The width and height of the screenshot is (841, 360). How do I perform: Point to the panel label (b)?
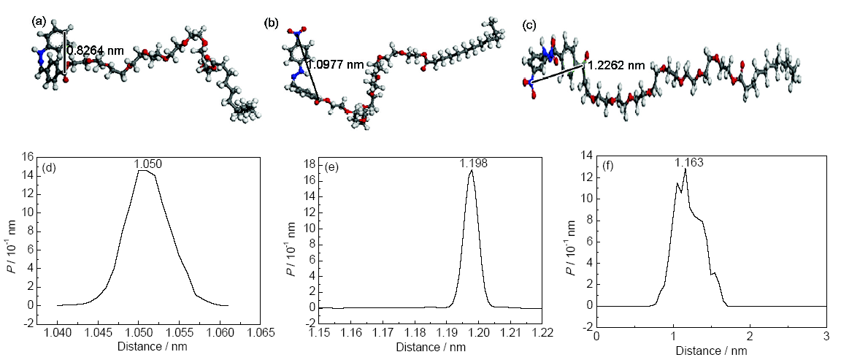pos(272,23)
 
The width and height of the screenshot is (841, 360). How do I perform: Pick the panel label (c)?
pos(530,26)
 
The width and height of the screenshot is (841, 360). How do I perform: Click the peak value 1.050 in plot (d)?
pos(147,165)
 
